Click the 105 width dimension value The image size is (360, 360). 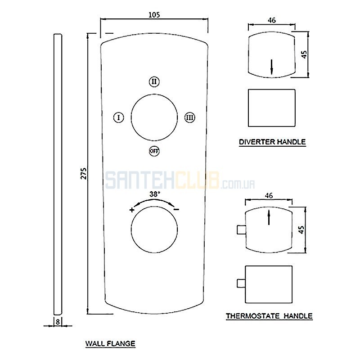[x=154, y=15]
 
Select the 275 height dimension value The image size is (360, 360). [x=84, y=173]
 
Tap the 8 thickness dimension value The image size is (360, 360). [x=58, y=322]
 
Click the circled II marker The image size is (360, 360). [x=154, y=81]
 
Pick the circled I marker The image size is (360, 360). [x=119, y=117]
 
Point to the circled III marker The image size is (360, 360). [x=189, y=117]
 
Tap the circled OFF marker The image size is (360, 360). [x=154, y=151]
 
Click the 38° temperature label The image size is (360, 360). [x=155, y=194]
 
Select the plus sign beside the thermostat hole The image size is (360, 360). [x=132, y=210]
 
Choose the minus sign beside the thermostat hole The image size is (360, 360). [x=176, y=209]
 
